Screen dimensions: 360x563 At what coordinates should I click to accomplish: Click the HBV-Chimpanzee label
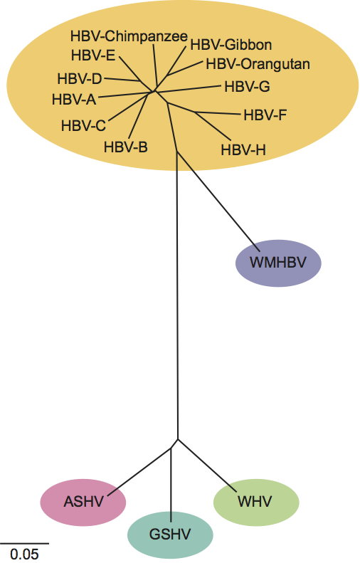(x=129, y=37)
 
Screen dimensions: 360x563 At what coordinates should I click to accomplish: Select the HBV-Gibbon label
(x=231, y=45)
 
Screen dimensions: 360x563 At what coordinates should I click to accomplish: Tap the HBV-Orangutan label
(x=258, y=64)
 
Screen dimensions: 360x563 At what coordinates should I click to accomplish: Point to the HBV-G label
(x=248, y=87)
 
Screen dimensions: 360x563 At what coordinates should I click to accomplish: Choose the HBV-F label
(x=265, y=115)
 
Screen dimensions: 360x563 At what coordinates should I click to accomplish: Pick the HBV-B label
(x=126, y=147)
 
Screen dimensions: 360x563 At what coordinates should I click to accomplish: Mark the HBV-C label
(x=83, y=126)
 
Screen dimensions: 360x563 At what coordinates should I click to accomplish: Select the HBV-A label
(x=74, y=100)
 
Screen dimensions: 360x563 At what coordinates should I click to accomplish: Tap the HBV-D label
(x=80, y=79)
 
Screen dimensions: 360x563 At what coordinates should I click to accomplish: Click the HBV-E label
(x=93, y=56)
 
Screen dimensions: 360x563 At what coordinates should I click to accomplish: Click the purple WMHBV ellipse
(x=278, y=263)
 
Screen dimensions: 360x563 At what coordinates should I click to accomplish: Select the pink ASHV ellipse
(x=83, y=503)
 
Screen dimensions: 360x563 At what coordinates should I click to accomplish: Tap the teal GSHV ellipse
(x=170, y=535)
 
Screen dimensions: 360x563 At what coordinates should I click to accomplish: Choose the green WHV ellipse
(x=256, y=502)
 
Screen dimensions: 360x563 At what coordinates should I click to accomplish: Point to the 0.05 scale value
(x=24, y=554)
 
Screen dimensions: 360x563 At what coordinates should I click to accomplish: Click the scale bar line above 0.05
(x=24, y=543)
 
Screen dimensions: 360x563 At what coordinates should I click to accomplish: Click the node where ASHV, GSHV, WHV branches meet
(x=178, y=439)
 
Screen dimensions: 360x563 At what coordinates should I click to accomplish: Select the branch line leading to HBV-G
(x=188, y=89)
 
